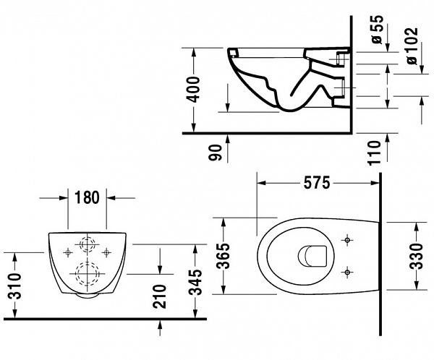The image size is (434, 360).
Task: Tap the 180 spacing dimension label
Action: click(88, 197)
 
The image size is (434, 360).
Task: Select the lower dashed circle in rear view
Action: click(88, 275)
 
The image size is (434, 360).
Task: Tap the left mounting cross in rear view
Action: click(69, 252)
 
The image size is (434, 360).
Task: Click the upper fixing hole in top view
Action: click(349, 239)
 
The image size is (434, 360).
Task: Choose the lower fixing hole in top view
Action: click(349, 272)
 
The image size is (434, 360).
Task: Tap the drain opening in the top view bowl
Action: click(313, 255)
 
